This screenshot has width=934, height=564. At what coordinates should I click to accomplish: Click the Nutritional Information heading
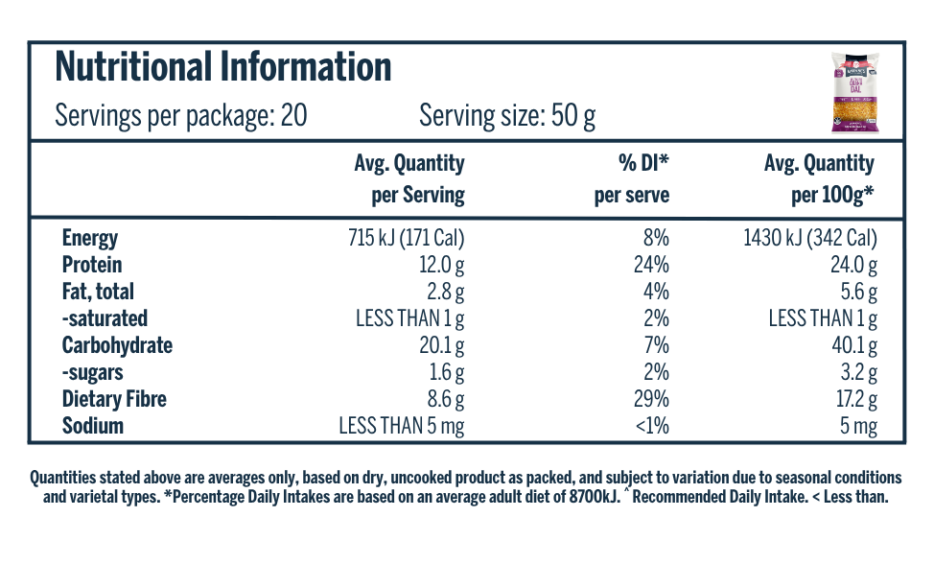pos(222,66)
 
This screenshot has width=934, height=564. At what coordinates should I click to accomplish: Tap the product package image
pos(855,92)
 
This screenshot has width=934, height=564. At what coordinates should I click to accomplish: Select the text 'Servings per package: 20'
pos(181,115)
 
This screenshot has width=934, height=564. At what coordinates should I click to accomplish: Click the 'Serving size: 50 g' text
pos(507,115)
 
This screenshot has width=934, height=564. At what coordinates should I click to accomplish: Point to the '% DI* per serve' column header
pos(631,178)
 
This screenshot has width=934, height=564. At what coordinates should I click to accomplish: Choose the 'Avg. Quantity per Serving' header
pos(409,178)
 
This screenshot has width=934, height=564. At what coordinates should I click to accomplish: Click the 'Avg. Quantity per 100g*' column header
pos(819,178)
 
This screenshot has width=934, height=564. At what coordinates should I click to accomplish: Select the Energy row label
pos(90,238)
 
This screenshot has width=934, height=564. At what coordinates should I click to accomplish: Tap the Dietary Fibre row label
pos(114,399)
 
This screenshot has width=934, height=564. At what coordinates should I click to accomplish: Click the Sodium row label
pos(93,426)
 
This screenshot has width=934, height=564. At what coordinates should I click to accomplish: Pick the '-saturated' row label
pos(105,318)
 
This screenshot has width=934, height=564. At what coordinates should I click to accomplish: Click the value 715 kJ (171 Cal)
pos(407,238)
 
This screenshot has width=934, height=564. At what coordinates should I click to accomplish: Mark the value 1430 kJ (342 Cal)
pos(810,238)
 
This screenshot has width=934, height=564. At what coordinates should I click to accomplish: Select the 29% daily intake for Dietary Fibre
pos(651,399)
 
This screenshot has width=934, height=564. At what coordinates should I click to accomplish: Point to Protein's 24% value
pos(651,265)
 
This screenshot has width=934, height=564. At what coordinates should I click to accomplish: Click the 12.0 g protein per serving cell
pos(441,266)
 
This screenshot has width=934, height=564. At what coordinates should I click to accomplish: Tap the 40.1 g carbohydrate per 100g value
pos(854,346)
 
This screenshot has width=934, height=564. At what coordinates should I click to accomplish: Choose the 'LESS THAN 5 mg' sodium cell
pos(402,427)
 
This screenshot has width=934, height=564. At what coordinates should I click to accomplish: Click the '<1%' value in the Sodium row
pos(652,426)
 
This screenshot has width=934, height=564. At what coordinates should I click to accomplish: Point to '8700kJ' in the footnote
pos(595,497)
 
